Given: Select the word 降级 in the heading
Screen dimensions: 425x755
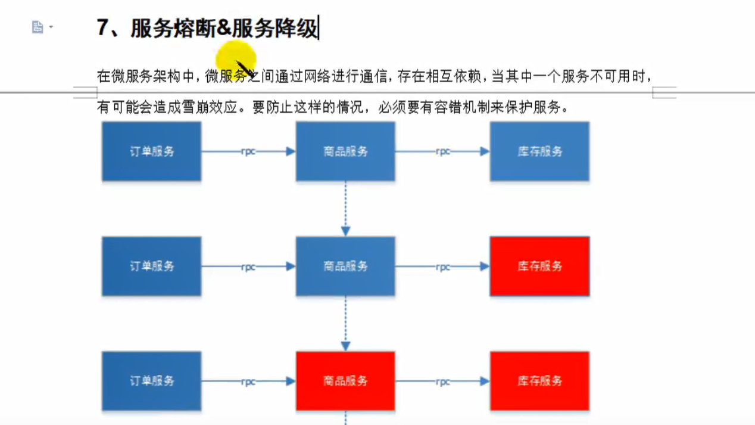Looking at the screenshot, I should (298, 28).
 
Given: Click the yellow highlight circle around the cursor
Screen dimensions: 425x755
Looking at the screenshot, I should (235, 61).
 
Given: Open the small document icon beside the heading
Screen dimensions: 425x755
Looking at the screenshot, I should (38, 27).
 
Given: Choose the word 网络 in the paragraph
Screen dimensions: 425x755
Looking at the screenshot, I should (317, 76).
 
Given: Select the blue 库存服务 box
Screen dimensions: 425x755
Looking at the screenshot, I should (539, 151).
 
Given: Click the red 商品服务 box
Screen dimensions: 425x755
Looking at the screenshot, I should (345, 381).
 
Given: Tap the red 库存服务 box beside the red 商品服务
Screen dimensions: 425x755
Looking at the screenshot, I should (539, 381).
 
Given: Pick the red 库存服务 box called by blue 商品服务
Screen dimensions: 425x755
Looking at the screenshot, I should (539, 266).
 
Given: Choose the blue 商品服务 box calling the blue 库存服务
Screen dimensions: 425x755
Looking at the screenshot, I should (345, 151).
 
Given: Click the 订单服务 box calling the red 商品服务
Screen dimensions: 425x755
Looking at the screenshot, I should (151, 381).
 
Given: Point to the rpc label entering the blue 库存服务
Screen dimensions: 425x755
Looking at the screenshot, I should (442, 151).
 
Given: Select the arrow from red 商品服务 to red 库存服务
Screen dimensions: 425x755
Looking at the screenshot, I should (442, 381).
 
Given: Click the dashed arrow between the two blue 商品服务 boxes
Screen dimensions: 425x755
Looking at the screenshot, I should (345, 209).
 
